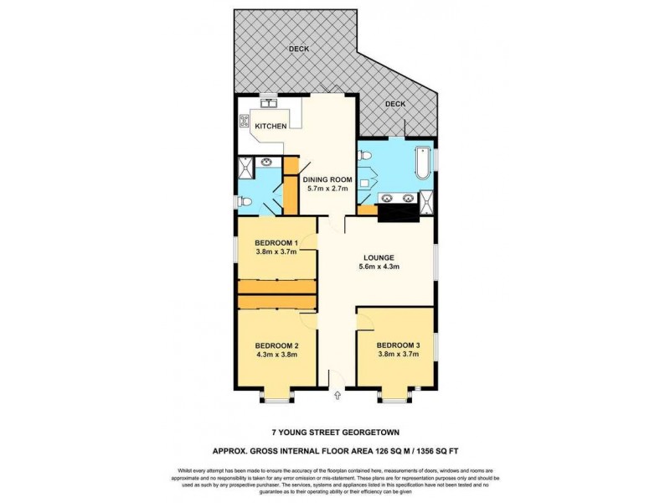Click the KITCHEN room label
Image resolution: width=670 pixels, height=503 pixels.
point(271,126)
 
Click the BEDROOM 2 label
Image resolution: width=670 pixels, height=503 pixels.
point(276,345)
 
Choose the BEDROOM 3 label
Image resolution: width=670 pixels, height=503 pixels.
point(398,345)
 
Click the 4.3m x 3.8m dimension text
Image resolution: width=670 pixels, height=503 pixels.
point(276,355)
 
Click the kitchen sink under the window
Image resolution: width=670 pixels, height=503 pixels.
point(270,104)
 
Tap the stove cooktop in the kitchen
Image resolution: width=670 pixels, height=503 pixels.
point(245,121)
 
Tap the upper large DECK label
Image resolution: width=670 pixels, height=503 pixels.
point(299,49)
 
